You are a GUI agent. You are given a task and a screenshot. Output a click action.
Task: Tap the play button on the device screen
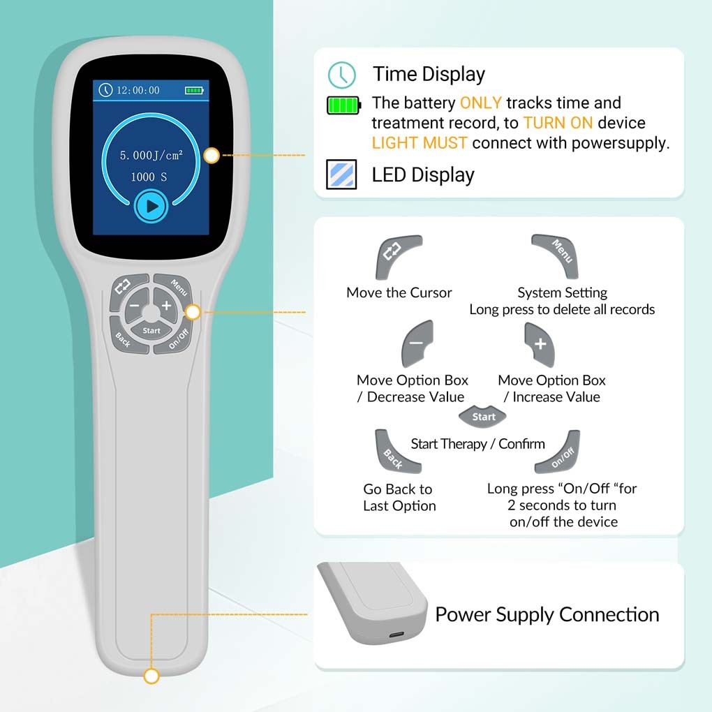coord(151,207)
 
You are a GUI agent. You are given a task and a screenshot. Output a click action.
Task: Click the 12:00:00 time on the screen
coord(138,90)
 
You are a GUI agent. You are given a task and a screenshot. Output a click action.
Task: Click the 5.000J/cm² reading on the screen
coord(151,156)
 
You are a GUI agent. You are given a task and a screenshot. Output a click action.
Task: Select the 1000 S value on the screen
coord(149,177)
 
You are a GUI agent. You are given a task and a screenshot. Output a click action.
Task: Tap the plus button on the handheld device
coord(166,305)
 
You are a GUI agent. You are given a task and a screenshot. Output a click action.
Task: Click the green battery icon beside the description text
coord(343,105)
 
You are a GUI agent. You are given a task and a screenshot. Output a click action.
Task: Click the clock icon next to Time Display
coord(341,75)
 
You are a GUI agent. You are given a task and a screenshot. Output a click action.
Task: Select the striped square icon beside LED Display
coord(341,175)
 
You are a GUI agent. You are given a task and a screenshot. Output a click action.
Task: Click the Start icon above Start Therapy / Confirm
coord(483,417)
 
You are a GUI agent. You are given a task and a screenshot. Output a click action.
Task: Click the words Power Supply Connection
coord(547,615)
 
